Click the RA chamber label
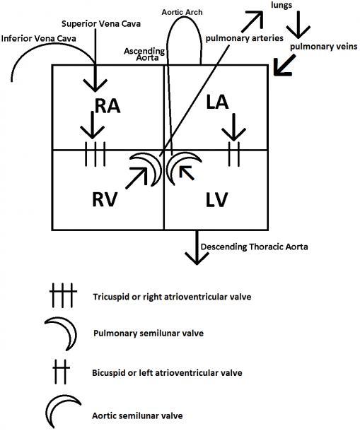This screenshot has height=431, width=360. (108, 106)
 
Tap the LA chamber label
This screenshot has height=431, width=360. (217, 102)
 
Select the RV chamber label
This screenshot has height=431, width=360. (105, 199)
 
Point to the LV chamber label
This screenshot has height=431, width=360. (216, 199)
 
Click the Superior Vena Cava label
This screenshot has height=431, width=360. (101, 23)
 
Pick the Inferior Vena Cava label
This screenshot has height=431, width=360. (38, 38)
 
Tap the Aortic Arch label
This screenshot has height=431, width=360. (182, 12)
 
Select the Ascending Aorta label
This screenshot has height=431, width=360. (144, 54)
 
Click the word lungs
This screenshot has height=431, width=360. (281, 5)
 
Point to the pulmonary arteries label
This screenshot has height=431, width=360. (245, 38)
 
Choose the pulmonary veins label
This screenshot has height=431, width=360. (324, 47)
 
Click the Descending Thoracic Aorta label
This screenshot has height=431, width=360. (255, 247)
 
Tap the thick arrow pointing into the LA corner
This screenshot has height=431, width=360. (284, 65)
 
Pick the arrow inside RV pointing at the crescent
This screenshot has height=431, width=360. (137, 178)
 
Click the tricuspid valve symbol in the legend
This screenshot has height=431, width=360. (63, 295)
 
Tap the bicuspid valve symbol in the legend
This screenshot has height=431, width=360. (61, 372)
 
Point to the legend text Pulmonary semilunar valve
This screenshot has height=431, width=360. (149, 333)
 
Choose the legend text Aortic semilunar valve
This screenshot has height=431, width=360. (137, 415)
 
